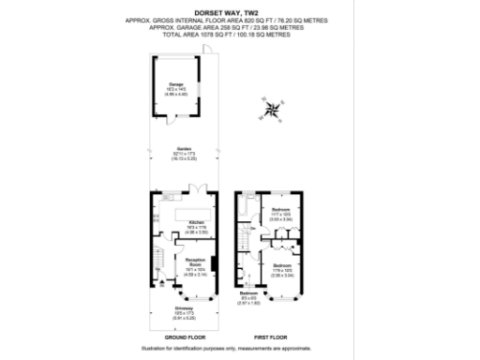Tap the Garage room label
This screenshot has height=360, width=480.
click(175, 85)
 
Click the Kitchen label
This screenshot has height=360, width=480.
click(197, 222)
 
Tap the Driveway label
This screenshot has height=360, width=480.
click(183, 307)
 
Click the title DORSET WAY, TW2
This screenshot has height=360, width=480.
click(240, 13)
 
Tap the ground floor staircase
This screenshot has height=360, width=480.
click(157, 258)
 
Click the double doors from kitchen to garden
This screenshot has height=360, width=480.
click(198, 190)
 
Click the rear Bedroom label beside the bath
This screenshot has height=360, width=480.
click(278, 211)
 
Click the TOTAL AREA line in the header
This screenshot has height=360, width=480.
click(240, 33)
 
